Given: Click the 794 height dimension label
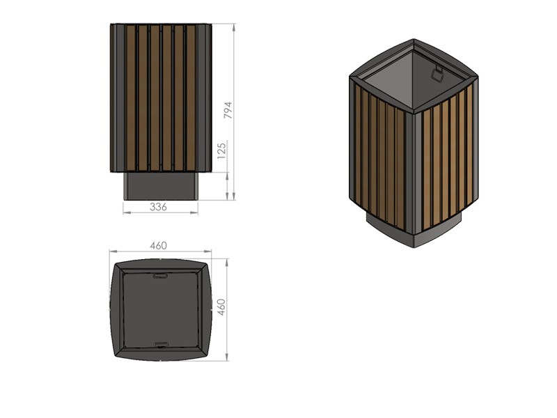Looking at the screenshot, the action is point(228,110).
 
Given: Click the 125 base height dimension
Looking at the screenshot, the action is point(221,150).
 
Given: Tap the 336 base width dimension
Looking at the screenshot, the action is point(158,206).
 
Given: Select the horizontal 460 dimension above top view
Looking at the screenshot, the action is point(159,246).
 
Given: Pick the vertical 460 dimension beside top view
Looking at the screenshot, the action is point(221,307).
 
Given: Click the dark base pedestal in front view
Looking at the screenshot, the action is point(161,186).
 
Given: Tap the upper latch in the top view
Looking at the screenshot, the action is point(161,275).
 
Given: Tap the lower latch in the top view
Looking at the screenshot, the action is point(161,344).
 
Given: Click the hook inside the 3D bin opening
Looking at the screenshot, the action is point(437,73).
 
